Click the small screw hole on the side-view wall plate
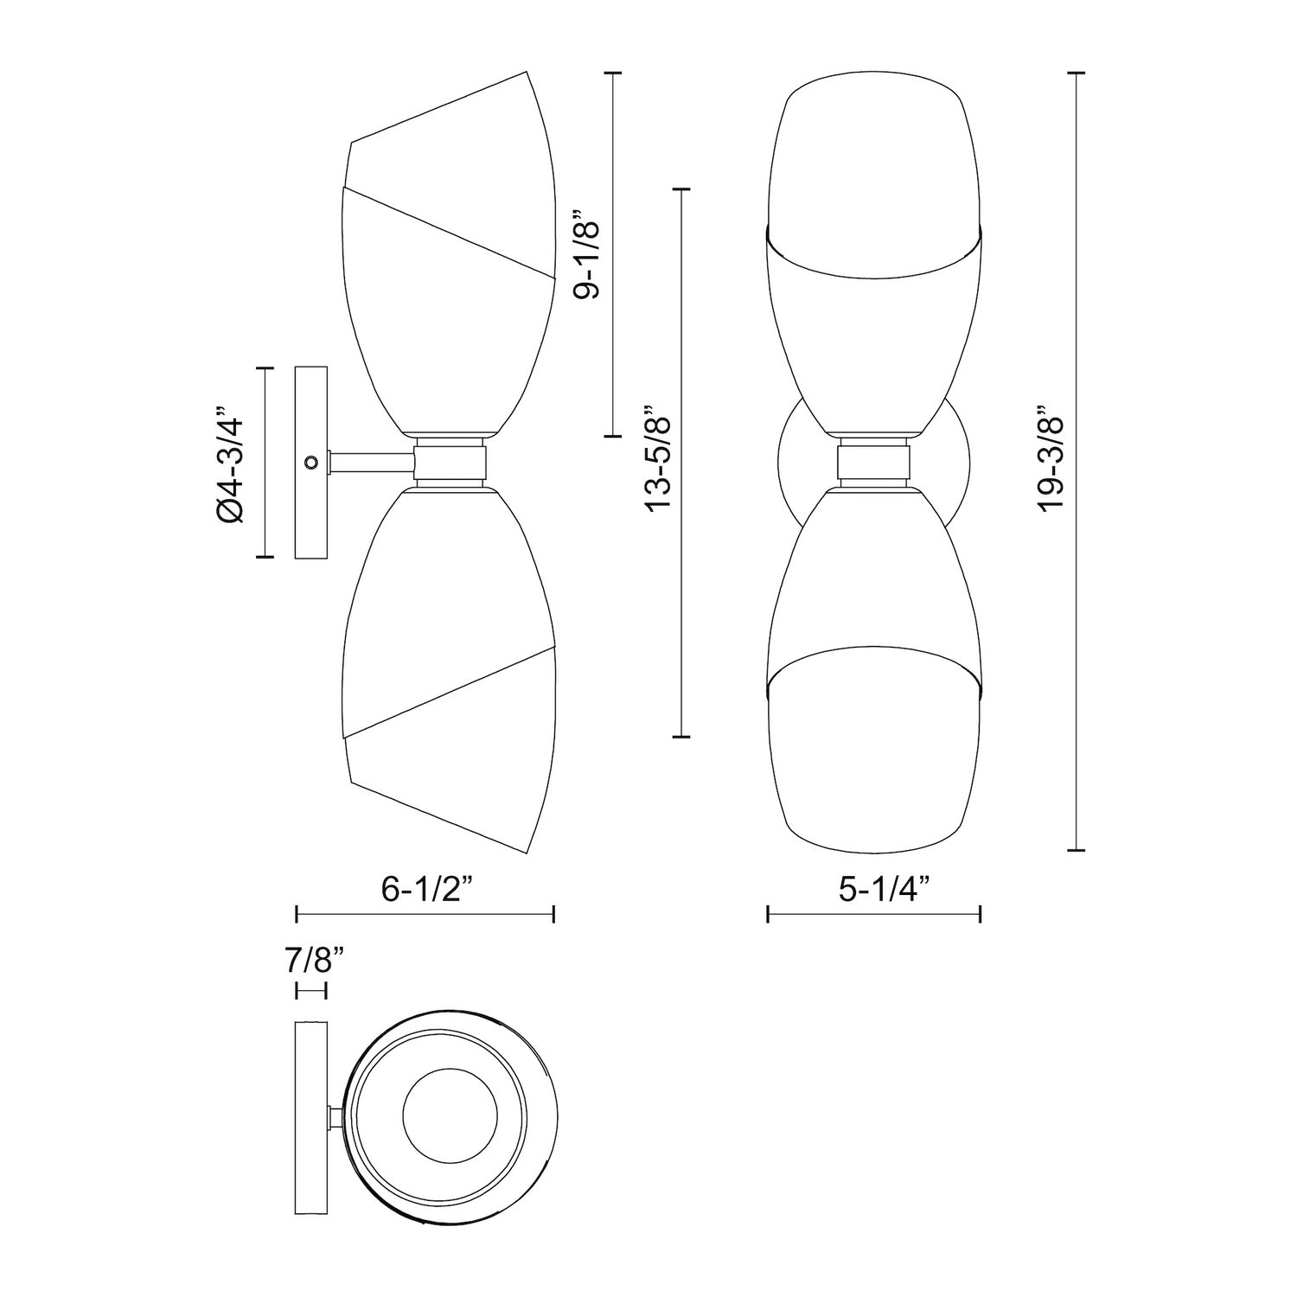click(x=310, y=463)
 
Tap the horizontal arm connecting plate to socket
click(x=372, y=463)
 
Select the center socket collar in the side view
click(x=450, y=463)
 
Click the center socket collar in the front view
click(x=873, y=463)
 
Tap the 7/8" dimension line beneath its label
click(x=311, y=990)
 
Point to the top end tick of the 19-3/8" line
click(x=1075, y=74)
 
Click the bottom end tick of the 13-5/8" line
click(x=681, y=737)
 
